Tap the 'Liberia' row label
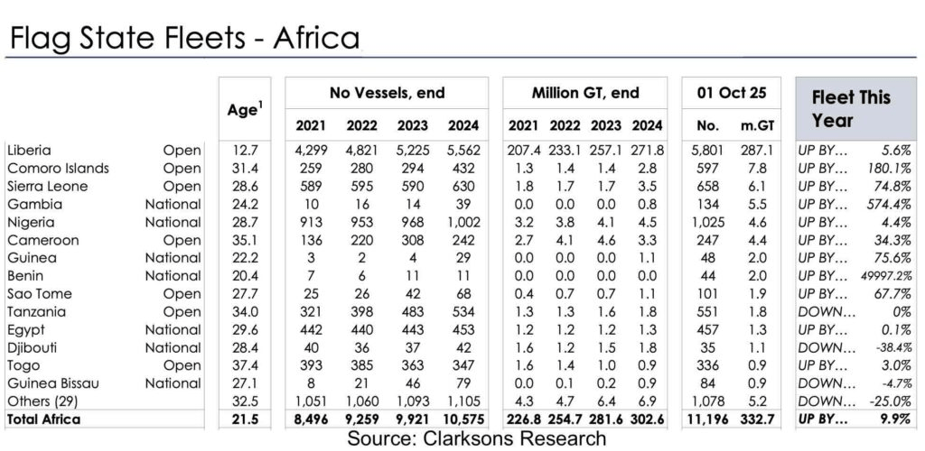(28, 150)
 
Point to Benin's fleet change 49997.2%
(881, 275)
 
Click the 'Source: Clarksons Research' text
(462, 437)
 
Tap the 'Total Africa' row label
(44, 419)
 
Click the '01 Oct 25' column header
(732, 93)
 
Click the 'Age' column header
(244, 111)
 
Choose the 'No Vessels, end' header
(387, 93)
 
